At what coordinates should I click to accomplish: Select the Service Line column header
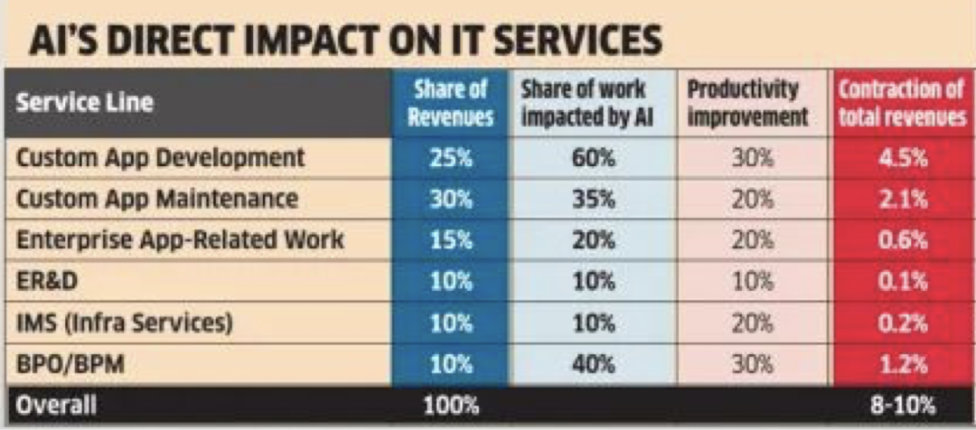[x=85, y=103]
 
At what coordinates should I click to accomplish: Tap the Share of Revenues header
[x=451, y=103]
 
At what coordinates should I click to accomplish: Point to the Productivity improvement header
[x=745, y=103]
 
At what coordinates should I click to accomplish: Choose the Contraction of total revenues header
[x=902, y=103]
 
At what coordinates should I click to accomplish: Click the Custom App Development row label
[x=161, y=158]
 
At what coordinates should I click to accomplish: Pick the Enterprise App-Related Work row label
[x=180, y=240]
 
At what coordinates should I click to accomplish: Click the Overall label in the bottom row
[x=57, y=405]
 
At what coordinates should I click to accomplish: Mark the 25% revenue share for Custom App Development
[x=451, y=158]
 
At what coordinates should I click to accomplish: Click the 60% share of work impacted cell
[x=594, y=158]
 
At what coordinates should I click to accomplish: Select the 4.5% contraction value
[x=902, y=158]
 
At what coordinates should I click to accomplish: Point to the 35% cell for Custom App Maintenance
[x=594, y=199]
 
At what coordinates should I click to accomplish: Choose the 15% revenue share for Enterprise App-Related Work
[x=451, y=240]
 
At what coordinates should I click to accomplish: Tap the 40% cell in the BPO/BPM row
[x=594, y=364]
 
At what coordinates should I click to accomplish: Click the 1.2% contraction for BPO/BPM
[x=902, y=364]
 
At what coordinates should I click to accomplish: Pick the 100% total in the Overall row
[x=451, y=405]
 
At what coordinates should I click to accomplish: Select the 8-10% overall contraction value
[x=902, y=405]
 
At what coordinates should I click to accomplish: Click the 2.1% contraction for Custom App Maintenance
[x=902, y=199]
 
